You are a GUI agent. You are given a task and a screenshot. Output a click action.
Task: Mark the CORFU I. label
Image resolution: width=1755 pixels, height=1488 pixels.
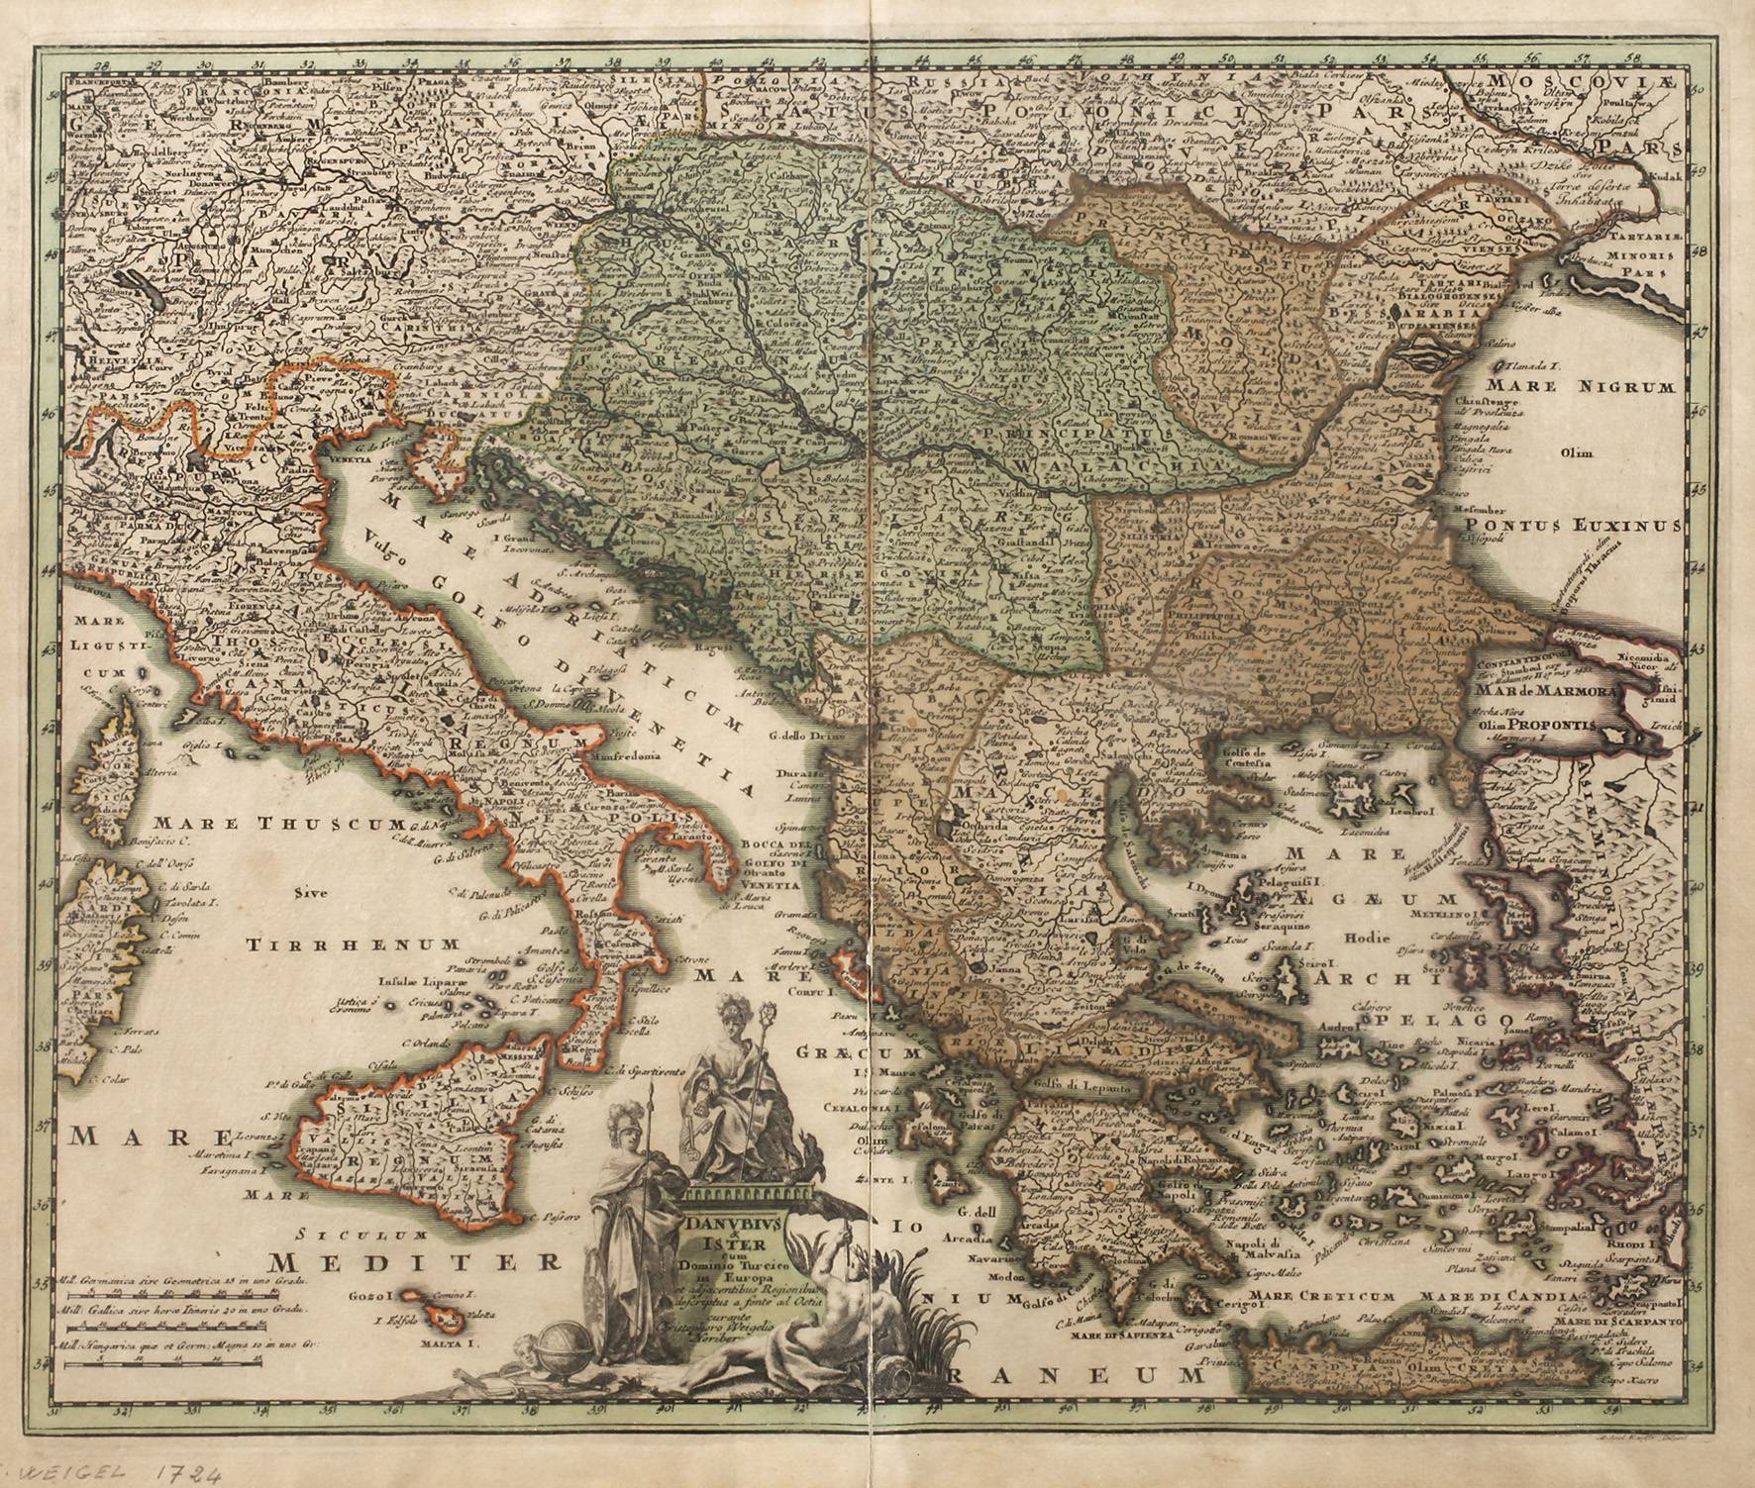(815, 987)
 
